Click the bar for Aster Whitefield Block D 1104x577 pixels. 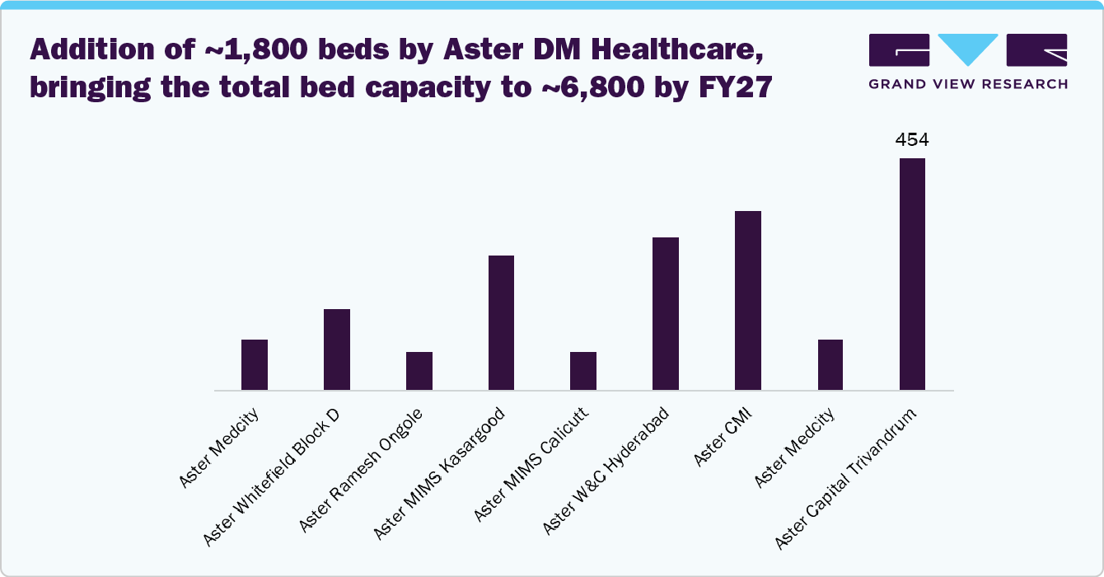[337, 349]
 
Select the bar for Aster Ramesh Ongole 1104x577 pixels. [419, 371]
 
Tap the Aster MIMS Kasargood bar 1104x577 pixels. [501, 323]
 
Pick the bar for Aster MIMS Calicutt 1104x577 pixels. [583, 371]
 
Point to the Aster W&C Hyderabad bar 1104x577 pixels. [666, 314]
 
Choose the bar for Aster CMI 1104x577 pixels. [748, 301]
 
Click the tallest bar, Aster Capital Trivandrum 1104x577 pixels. [912, 274]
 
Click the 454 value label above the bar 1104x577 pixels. [912, 140]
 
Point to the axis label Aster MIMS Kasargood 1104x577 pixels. [440, 473]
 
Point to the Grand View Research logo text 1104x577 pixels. [968, 83]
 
